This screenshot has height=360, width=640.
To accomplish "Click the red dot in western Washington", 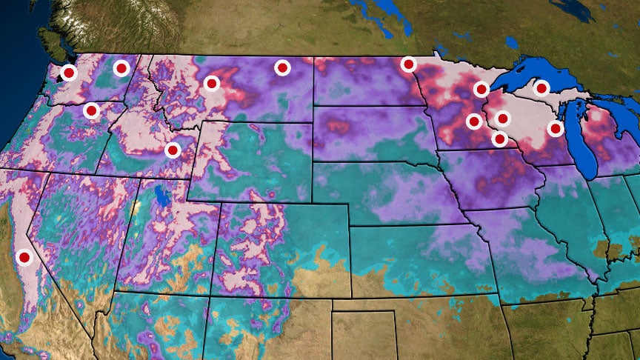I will (69, 73).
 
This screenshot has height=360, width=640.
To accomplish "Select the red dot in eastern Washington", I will (121, 68).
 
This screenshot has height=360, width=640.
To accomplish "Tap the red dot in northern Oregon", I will (91, 111).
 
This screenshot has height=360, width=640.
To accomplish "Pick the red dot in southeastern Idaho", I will (173, 150).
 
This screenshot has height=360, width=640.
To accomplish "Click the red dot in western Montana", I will (212, 84).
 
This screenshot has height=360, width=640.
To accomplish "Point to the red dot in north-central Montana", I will (282, 68).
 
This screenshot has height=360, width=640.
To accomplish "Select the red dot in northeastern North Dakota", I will (408, 64).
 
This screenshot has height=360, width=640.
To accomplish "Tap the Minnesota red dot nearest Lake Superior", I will (481, 90).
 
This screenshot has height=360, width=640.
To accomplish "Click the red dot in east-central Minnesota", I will (474, 121).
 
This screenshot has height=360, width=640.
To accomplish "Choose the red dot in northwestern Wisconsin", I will (503, 118).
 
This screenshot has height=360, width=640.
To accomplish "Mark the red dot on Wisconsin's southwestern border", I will (500, 139).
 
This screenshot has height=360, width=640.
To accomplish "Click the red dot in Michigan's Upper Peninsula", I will (541, 88).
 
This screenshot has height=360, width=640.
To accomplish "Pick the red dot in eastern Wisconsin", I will (555, 128).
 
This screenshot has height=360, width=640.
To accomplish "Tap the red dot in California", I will (24, 258).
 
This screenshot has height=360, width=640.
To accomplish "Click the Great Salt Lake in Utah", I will (161, 197).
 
